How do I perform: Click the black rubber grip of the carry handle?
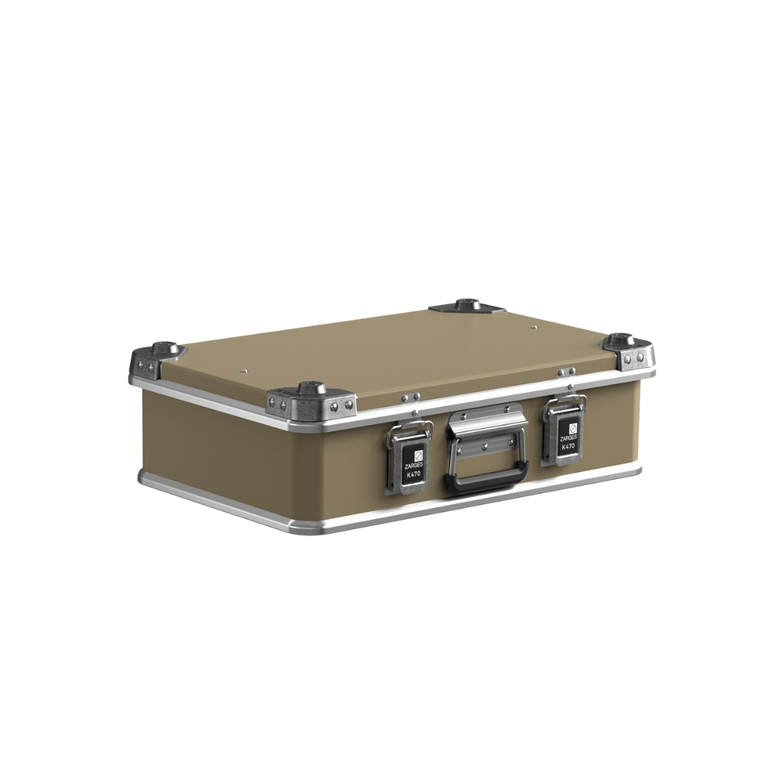487,480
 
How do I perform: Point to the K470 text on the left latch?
413,475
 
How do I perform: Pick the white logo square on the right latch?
571,428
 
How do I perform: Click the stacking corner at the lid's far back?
467,306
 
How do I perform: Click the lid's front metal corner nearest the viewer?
311,401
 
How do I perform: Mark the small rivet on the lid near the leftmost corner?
245,370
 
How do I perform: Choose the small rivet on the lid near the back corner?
534,327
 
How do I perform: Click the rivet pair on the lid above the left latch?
412,397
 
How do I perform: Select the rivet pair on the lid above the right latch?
566,372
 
